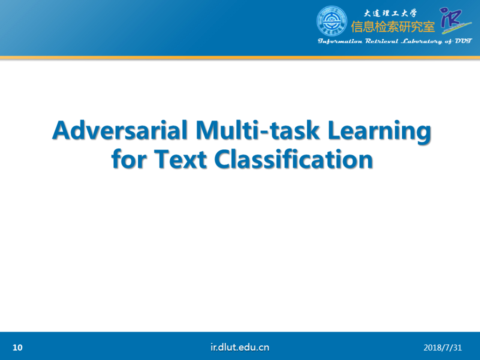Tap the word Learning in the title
point(379,131)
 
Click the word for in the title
point(129,159)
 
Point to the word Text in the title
point(180,159)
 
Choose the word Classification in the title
point(293,159)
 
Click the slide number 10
point(17,347)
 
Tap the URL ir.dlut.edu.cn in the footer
point(239,347)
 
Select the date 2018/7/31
point(442,348)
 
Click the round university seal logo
point(331,21)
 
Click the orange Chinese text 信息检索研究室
point(393,27)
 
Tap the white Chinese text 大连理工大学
point(390,13)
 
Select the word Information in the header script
point(340,41)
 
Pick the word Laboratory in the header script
point(421,41)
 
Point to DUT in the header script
point(463,41)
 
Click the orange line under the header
point(240,57)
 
